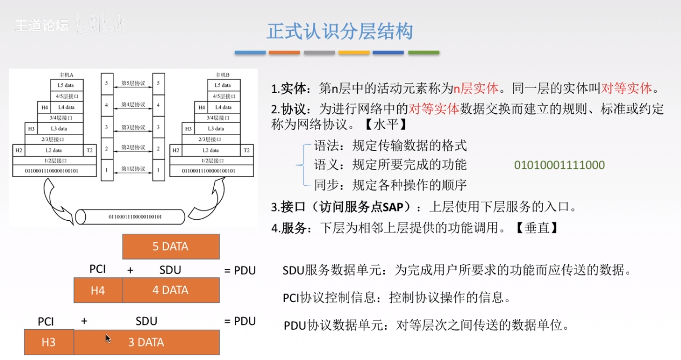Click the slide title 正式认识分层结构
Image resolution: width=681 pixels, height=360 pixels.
[x=340, y=31]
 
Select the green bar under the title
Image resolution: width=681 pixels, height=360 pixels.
[x=423, y=53]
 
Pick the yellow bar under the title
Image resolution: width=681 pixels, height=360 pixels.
[x=354, y=53]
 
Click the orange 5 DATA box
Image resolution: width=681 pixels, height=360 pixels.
[x=171, y=247]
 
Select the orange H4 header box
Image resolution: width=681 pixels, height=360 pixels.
[x=98, y=290]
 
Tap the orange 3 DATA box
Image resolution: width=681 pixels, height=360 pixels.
[x=146, y=342]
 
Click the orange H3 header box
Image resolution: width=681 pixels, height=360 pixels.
[x=49, y=342]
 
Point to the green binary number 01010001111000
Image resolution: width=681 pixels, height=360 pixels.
[x=560, y=165]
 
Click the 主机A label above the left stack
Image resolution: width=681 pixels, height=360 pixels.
[x=66, y=74]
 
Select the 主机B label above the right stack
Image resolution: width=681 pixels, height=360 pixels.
[x=222, y=74]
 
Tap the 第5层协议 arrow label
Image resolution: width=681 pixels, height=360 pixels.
[x=133, y=84]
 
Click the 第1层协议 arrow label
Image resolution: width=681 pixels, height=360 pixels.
[x=133, y=169]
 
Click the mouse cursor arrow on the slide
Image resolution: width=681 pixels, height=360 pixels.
[x=108, y=338]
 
